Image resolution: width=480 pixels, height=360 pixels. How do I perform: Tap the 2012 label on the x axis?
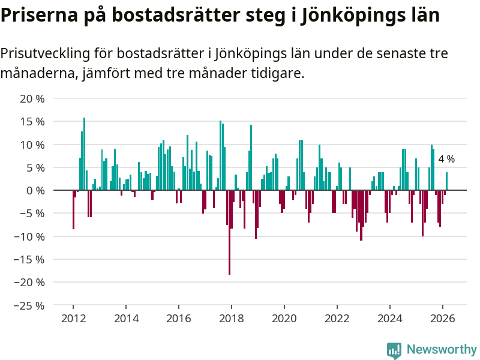pyautogui.click(x=73, y=319)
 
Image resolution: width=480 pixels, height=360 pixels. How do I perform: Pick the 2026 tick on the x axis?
pyautogui.click(x=442, y=319)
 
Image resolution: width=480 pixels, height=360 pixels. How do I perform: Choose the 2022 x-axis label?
pyautogui.click(x=337, y=319)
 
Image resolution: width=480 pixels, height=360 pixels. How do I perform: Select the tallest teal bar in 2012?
pyautogui.click(x=84, y=154)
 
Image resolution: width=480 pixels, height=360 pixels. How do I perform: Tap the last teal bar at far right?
pyautogui.click(x=446, y=181)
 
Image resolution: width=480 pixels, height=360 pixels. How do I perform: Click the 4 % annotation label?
pyautogui.click(x=446, y=160)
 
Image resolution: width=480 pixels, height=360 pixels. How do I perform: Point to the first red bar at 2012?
pyautogui.click(x=73, y=209)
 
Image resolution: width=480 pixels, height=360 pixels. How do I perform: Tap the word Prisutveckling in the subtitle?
pyautogui.click(x=45, y=54)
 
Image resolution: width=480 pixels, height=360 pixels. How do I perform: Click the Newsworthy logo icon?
pyautogui.click(x=394, y=350)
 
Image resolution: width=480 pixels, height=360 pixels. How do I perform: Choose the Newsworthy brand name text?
pyautogui.click(x=442, y=350)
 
